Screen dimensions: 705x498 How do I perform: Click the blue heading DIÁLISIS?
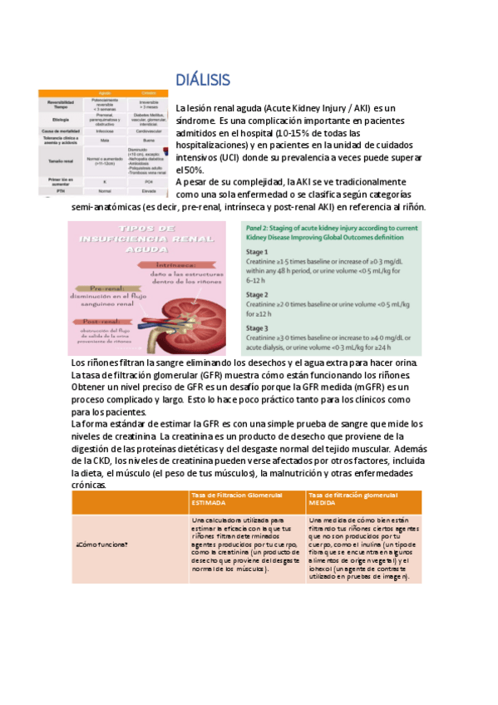click(x=203, y=80)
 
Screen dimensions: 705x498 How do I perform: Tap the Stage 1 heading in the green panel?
click(x=257, y=252)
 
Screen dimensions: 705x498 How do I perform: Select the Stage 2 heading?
click(x=257, y=295)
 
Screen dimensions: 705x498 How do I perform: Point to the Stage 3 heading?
click(x=257, y=328)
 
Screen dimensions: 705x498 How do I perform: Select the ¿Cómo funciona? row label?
click(x=102, y=545)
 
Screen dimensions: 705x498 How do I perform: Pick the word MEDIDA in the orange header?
click(x=323, y=503)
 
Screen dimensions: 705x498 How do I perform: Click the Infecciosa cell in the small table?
click(x=106, y=131)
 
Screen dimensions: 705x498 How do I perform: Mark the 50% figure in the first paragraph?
click(x=190, y=170)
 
